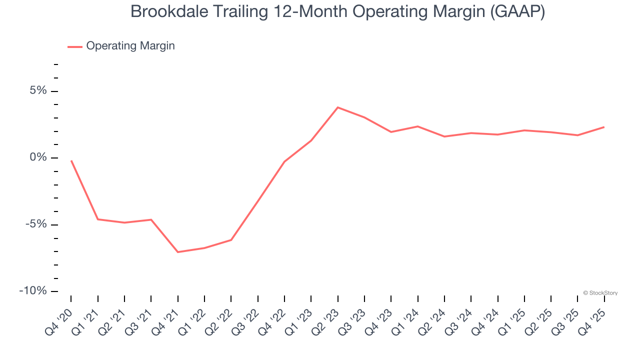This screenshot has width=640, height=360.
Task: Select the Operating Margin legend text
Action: (130, 46)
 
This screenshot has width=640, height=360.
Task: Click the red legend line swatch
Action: (75, 46)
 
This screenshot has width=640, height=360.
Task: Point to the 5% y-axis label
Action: (38, 91)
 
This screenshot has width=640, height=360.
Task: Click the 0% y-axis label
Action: (38, 158)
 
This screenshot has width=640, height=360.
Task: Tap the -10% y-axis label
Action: (33, 291)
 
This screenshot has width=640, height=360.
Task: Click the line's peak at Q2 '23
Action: (338, 107)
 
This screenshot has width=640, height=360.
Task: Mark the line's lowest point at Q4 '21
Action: (178, 252)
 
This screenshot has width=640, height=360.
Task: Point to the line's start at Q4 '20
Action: (71, 161)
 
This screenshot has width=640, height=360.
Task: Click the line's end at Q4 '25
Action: (604, 127)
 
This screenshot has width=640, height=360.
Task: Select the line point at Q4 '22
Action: (284, 161)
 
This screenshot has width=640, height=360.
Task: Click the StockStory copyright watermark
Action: (600, 293)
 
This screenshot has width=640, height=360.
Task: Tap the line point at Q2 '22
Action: (231, 240)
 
